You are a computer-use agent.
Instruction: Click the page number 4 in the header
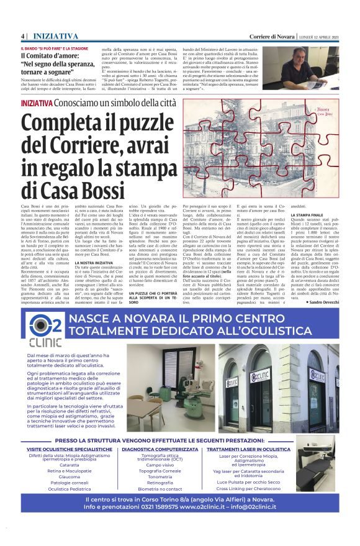(x=23, y=35)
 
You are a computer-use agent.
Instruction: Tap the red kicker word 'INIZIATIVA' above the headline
(x=37, y=102)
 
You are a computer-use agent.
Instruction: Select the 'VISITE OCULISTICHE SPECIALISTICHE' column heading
(x=69, y=448)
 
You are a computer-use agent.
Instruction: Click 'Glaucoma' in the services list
(x=69, y=477)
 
